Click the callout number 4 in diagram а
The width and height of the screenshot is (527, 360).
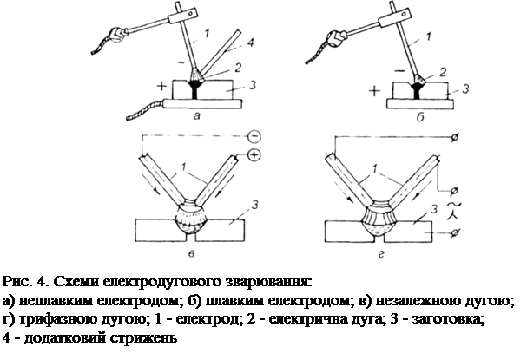pos(250,43)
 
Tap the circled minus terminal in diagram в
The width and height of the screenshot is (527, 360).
pos(254,136)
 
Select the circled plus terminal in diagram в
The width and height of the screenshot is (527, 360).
pos(254,154)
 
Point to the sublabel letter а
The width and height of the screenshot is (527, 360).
pos(197,116)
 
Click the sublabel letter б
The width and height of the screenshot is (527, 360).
pos(420,117)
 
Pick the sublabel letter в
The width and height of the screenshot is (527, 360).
pos(191,254)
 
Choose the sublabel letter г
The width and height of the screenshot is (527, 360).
pos(381,254)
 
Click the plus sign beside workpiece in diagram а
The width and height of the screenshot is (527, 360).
pos(161,86)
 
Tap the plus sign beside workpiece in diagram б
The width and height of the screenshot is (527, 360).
pos(374,91)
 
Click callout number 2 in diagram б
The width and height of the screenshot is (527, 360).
pos(443,72)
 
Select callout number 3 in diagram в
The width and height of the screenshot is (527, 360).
pos(254,204)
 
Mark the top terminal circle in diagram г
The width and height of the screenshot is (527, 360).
pos(454,137)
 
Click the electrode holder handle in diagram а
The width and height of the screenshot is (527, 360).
pos(116,33)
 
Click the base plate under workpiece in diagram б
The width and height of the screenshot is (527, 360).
pos(420,104)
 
